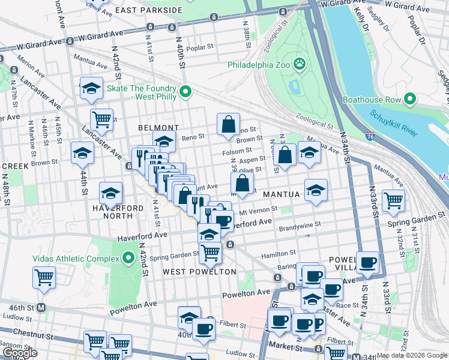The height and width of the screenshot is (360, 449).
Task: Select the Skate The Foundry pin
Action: [x=185, y=91]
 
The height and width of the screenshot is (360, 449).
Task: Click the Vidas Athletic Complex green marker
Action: [x=128, y=259]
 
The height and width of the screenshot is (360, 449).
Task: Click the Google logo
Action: [x=19, y=353]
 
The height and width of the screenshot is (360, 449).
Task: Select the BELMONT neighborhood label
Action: [x=158, y=128]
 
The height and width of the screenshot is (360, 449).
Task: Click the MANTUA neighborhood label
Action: [x=280, y=195]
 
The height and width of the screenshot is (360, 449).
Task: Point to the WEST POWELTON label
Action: [x=191, y=272]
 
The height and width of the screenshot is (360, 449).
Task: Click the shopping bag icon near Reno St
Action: [x=228, y=125]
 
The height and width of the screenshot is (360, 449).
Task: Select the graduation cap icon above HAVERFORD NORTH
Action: [x=110, y=193]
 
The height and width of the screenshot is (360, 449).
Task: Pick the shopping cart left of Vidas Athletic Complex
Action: [x=44, y=278]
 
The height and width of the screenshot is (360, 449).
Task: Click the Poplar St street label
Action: [x=200, y=47]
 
